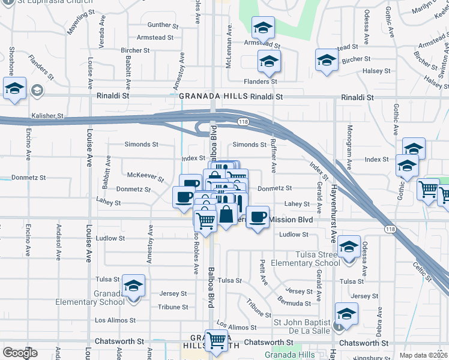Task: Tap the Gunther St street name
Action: [x=159, y=25]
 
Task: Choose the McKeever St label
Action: [x=146, y=176]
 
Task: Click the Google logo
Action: [x=20, y=353]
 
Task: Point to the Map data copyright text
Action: [x=423, y=355]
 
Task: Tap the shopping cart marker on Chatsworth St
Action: [x=216, y=341]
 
